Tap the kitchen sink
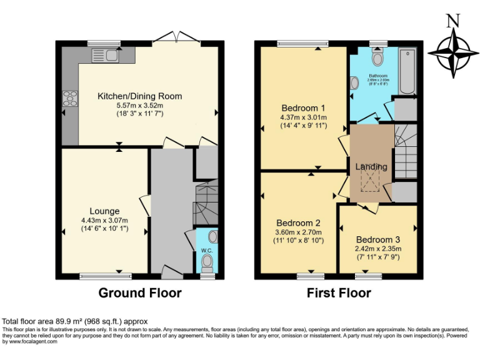click(105, 56)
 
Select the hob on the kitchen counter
click(69, 99)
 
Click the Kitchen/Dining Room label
click(139, 96)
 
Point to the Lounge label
click(104, 211)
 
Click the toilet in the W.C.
click(212, 237)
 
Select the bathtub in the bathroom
click(407, 71)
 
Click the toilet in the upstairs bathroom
click(377, 59)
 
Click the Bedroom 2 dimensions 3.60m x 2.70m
click(300, 232)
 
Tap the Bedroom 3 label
click(377, 239)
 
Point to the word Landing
click(371, 167)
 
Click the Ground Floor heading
click(140, 293)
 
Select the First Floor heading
click(339, 293)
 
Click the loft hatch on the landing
click(370, 181)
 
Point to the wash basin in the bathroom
click(354, 82)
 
